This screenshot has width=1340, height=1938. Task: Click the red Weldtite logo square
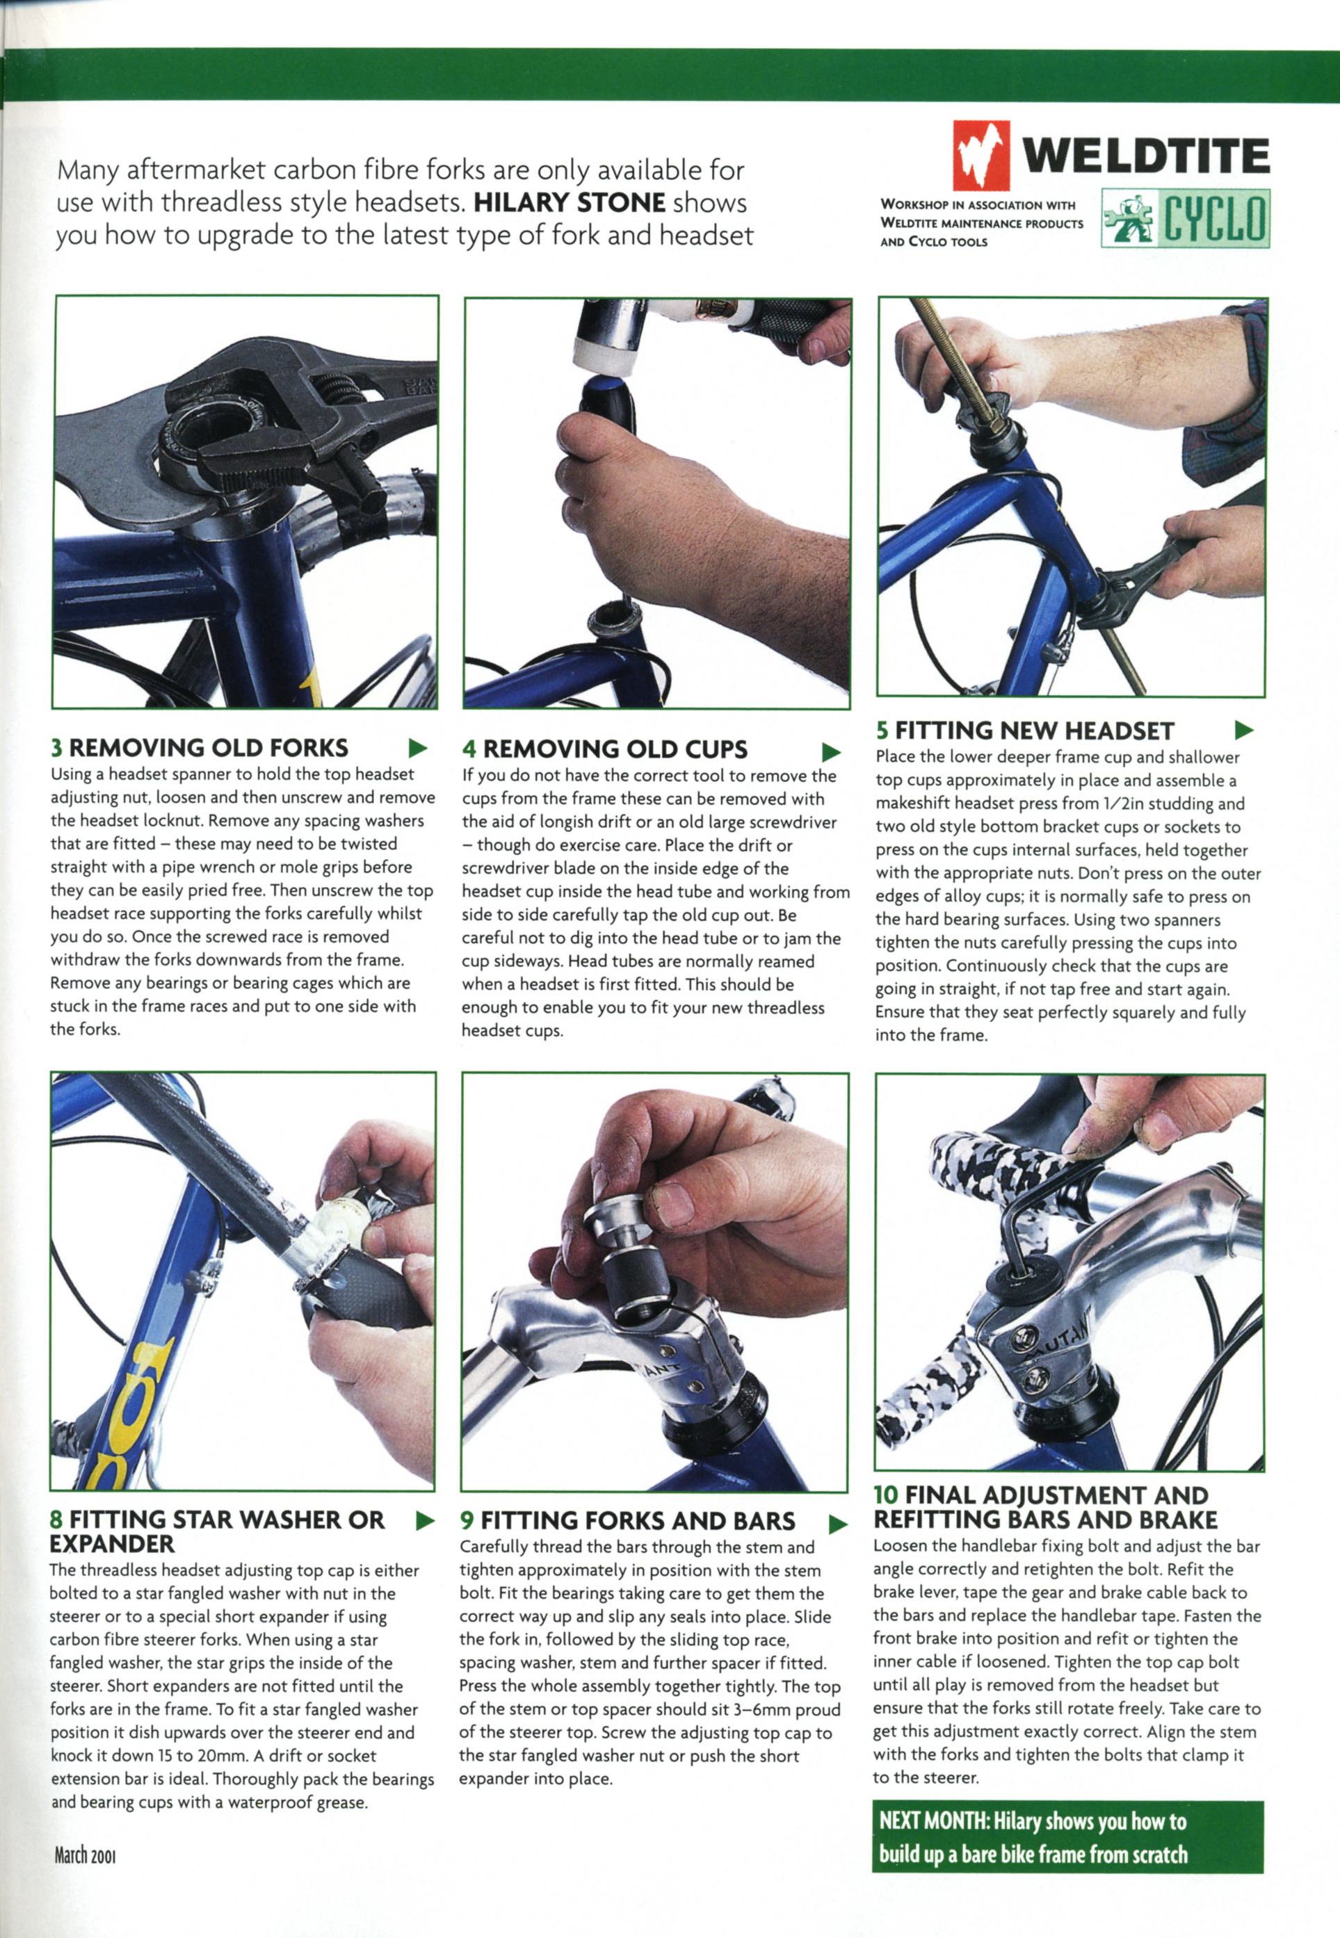pos(980,157)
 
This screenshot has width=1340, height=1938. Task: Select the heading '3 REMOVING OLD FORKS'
pos(200,747)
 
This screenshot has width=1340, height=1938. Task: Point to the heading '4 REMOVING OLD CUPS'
pos(604,749)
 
